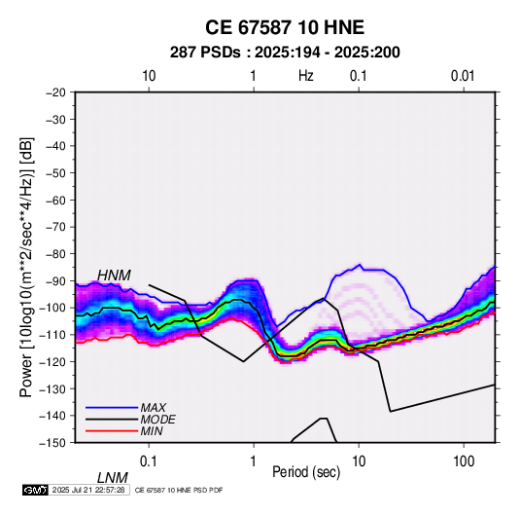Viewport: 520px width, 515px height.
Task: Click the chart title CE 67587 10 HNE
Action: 285,27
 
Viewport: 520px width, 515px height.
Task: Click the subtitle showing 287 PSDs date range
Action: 285,53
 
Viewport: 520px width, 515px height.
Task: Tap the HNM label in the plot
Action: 114,276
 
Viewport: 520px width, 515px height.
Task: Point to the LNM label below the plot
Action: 113,478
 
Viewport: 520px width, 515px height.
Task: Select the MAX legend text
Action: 154,407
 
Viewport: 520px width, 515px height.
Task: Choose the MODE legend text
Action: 157,420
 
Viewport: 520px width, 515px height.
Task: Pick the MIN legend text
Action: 152,431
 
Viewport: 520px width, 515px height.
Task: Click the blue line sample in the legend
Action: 112,408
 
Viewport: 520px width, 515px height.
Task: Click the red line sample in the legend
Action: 112,431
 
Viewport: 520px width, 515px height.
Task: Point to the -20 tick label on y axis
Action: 55,92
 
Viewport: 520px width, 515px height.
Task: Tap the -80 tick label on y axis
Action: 55,254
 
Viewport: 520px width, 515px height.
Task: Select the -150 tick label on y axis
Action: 52,443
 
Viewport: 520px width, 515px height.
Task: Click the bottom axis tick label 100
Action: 464,461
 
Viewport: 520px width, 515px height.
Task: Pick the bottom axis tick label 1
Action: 254,461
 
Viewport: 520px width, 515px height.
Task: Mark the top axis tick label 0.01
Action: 463,76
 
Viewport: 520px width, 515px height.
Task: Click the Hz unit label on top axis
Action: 306,76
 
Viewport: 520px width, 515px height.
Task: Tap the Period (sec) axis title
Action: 306,472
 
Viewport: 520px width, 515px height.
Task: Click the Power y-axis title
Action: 26,267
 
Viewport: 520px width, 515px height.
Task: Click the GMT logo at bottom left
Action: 36,490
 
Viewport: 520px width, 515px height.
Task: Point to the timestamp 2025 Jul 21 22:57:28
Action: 88,490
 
